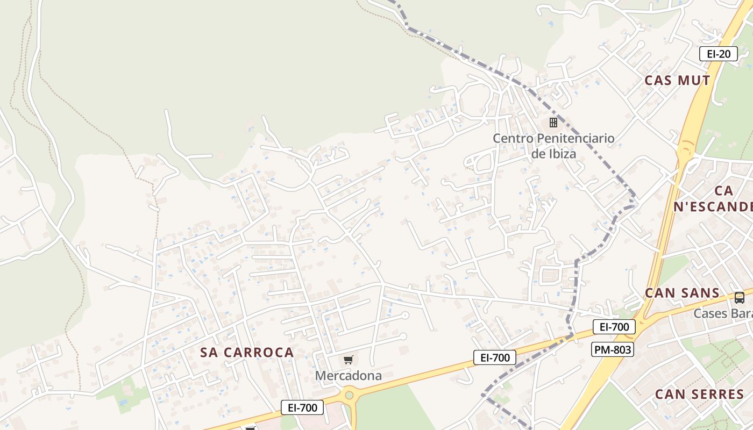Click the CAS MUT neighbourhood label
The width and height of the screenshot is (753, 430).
click(677, 81)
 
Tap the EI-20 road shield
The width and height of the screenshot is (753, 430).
click(718, 54)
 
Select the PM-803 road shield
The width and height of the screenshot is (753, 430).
click(613, 349)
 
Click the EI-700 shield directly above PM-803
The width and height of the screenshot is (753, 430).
click(614, 326)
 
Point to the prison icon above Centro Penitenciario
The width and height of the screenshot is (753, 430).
click(553, 123)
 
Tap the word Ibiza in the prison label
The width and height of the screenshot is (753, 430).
click(562, 154)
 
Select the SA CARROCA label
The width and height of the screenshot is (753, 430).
click(247, 353)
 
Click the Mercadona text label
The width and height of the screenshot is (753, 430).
click(348, 376)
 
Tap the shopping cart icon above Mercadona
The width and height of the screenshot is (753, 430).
click(349, 360)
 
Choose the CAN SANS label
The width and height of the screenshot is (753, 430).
click(682, 293)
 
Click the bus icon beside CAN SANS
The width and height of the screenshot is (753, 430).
click(740, 297)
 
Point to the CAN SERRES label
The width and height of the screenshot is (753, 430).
click(699, 394)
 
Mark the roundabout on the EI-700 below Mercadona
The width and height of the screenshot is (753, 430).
click(350, 397)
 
